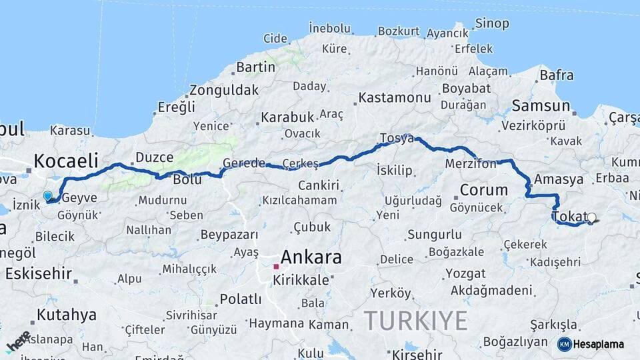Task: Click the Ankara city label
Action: (x=311, y=257)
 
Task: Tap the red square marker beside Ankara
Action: (x=276, y=267)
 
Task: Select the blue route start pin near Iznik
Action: (x=47, y=196)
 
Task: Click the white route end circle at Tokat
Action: (x=591, y=217)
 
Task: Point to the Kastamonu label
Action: (x=395, y=98)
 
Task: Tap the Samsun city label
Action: (x=541, y=106)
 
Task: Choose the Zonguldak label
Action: (x=224, y=90)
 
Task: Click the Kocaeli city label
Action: (x=66, y=161)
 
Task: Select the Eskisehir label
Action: (x=39, y=273)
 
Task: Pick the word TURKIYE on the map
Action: (x=415, y=321)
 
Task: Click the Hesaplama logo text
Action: (x=599, y=344)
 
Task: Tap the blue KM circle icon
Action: (x=564, y=344)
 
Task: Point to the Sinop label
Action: (x=492, y=24)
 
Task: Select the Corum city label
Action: (x=484, y=190)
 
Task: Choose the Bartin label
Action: (x=255, y=67)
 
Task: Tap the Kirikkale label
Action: (x=301, y=280)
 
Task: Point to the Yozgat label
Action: (x=465, y=273)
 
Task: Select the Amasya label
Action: (x=559, y=179)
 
